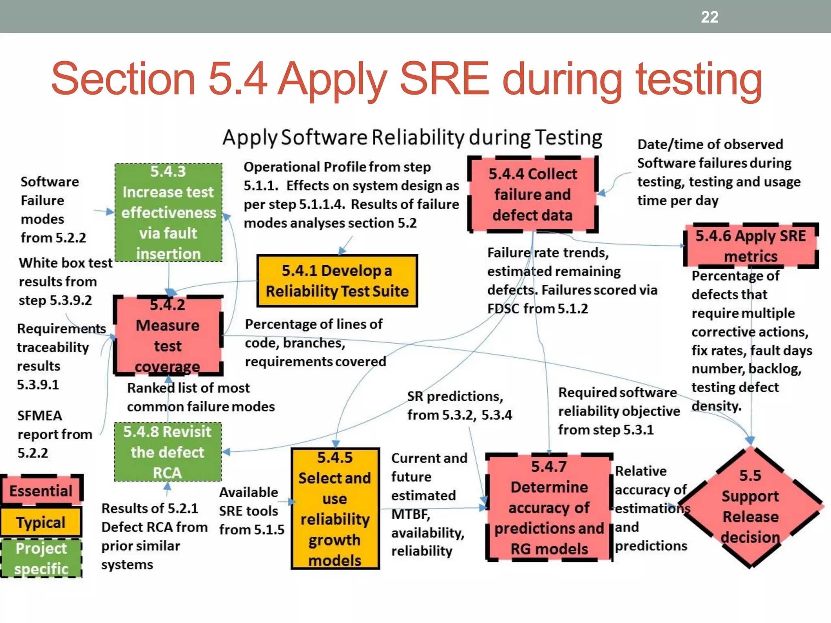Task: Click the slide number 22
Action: (709, 17)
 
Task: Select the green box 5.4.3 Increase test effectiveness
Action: (168, 213)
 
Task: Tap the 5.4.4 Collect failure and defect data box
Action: (532, 195)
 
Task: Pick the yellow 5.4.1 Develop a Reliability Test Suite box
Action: (337, 281)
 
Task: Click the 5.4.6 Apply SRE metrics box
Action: (751, 246)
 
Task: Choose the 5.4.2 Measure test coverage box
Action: (168, 335)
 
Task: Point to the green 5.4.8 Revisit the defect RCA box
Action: (168, 452)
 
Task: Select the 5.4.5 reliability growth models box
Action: (335, 509)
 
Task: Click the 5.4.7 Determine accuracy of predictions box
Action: (549, 507)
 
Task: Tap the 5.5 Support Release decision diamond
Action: (750, 507)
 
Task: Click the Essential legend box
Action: (41, 491)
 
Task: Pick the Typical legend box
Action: (41, 522)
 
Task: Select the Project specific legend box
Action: (41, 559)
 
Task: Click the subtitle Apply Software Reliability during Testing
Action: (412, 137)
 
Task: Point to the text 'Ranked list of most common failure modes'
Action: (200, 397)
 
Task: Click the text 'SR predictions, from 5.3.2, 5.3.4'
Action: (459, 406)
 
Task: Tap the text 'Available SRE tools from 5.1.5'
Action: (252, 511)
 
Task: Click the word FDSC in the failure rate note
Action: (503, 309)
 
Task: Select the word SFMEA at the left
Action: (39, 416)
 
